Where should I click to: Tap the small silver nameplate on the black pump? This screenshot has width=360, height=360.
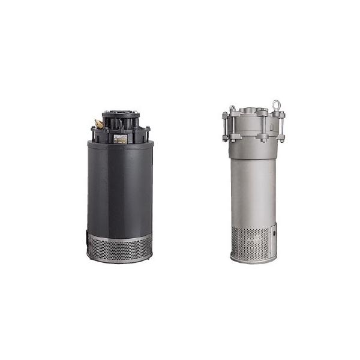[121, 137]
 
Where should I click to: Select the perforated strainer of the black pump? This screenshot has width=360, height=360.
[120, 245]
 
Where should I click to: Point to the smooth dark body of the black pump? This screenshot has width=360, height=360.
[120, 189]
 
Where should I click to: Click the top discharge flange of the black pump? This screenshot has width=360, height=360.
[121, 113]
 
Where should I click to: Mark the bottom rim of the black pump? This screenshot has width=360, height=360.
[120, 260]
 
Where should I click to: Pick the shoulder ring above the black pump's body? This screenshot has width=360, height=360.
[120, 144]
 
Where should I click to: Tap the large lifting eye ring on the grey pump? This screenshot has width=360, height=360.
[276, 106]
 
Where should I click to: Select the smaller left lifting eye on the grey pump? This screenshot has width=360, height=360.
[232, 109]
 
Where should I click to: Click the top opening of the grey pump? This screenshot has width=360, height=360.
[253, 110]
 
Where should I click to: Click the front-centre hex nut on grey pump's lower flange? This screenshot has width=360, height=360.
[262, 137]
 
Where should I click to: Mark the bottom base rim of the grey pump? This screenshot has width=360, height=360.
[253, 259]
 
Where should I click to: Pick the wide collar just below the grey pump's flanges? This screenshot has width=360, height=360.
[253, 150]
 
